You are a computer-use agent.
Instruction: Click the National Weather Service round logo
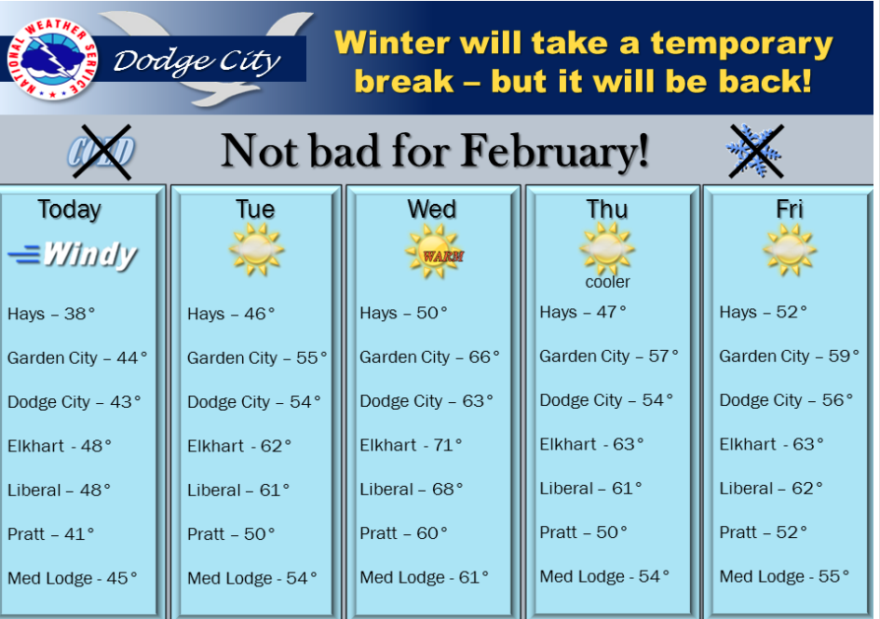pyautogui.click(x=52, y=59)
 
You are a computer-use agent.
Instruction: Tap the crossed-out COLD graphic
pyautogui.click(x=102, y=152)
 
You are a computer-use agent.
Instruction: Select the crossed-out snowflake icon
pyautogui.click(x=755, y=152)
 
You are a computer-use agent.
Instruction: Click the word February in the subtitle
pyautogui.click(x=554, y=151)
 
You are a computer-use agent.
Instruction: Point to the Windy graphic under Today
pyautogui.click(x=73, y=255)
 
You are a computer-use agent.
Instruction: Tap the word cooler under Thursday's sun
pyautogui.click(x=607, y=282)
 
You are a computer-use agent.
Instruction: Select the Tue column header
pyautogui.click(x=255, y=209)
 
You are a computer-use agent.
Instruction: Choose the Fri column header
pyautogui.click(x=789, y=209)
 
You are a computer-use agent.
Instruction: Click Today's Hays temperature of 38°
pyautogui.click(x=51, y=313)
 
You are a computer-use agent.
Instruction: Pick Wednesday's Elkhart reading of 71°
pyautogui.click(x=411, y=445)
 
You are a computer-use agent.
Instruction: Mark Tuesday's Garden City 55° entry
pyautogui.click(x=257, y=357)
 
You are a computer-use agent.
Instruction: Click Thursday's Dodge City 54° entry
pyautogui.click(x=606, y=400)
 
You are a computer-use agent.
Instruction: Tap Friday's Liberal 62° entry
pyautogui.click(x=771, y=489)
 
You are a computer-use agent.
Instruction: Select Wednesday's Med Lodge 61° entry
pyautogui.click(x=425, y=577)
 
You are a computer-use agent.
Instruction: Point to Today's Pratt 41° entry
pyautogui.click(x=50, y=533)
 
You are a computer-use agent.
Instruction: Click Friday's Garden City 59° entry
pyautogui.click(x=789, y=356)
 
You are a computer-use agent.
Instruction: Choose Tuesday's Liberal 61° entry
pyautogui.click(x=238, y=490)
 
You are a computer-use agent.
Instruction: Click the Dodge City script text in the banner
pyautogui.click(x=197, y=61)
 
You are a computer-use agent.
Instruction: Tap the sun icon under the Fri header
pyautogui.click(x=789, y=249)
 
